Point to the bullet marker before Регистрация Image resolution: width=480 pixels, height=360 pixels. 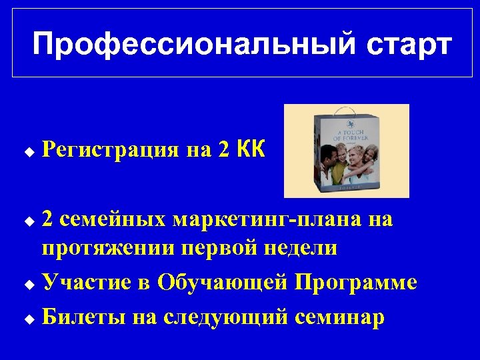(x=28, y=151)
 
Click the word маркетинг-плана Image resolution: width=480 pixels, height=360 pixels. (x=268, y=219)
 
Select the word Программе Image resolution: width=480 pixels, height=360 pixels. (x=357, y=283)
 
